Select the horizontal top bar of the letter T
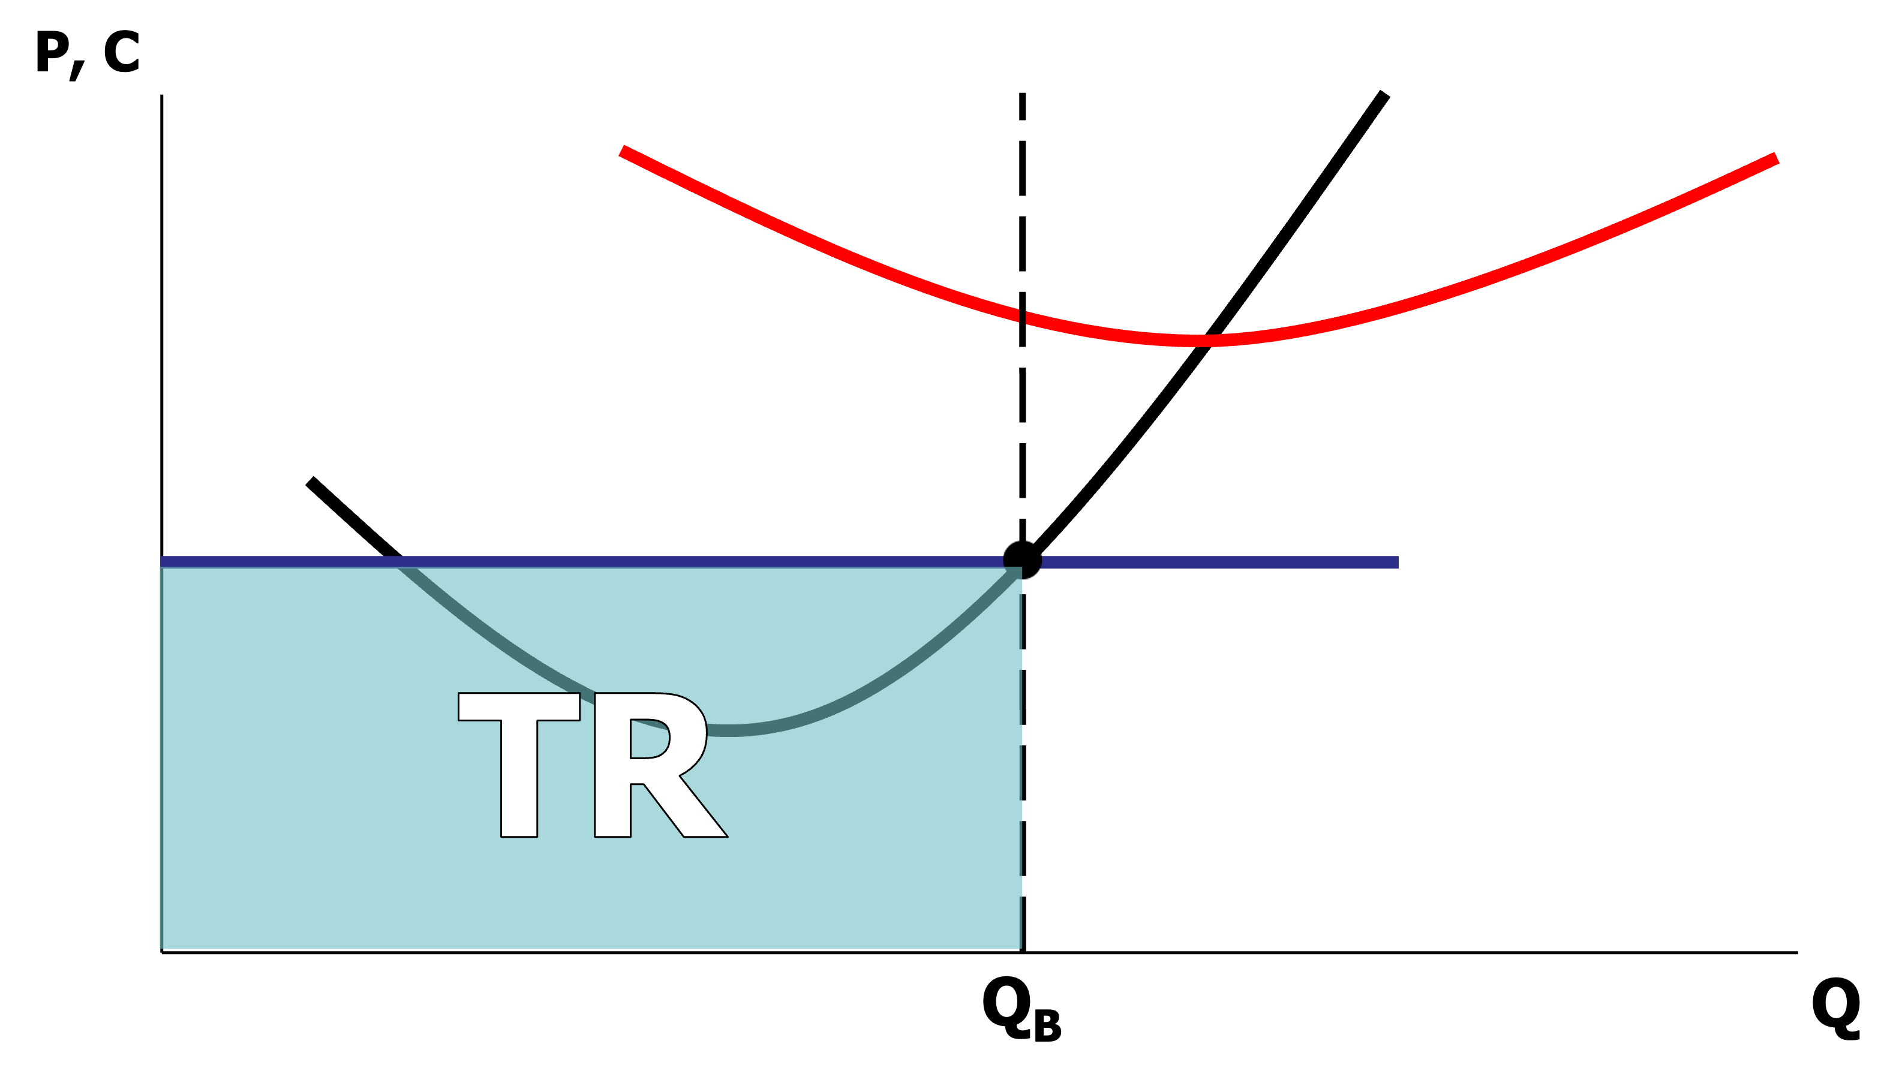pos(518,706)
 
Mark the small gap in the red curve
pos(1022,317)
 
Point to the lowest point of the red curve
pos(1198,341)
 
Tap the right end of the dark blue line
pos(1396,562)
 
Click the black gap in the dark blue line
pos(1022,561)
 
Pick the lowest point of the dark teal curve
pos(731,730)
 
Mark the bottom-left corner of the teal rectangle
pos(163,947)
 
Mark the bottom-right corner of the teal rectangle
pos(1021,947)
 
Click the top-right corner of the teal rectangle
pos(1021,569)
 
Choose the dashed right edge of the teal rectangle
pos(1021,771)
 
